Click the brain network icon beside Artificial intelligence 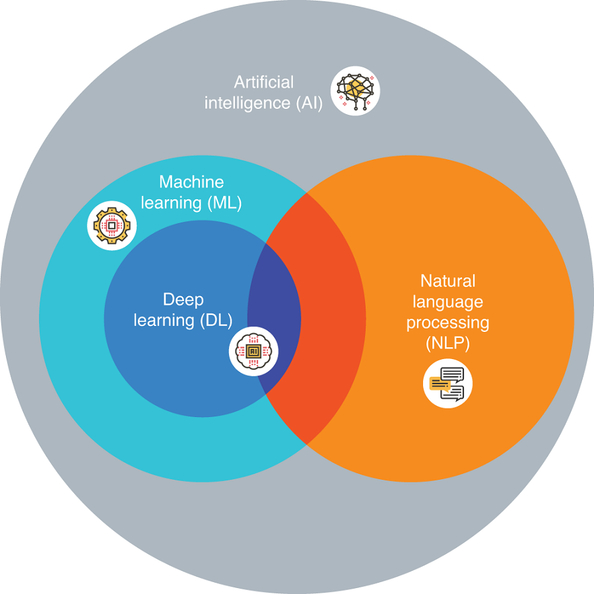click(x=356, y=90)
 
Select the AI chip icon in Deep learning click(x=253, y=351)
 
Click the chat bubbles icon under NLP click(x=447, y=383)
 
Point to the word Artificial click(x=264, y=82)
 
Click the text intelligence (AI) click(x=263, y=103)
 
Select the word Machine click(x=191, y=181)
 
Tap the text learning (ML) click(x=191, y=203)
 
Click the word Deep click(x=183, y=300)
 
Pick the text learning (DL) click(x=183, y=321)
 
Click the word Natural click(x=447, y=281)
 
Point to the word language click(x=447, y=302)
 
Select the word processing click(x=447, y=323)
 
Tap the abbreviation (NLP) click(x=447, y=344)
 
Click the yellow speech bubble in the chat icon click(x=440, y=383)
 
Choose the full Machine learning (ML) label click(x=191, y=192)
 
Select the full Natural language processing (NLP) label click(x=447, y=313)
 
